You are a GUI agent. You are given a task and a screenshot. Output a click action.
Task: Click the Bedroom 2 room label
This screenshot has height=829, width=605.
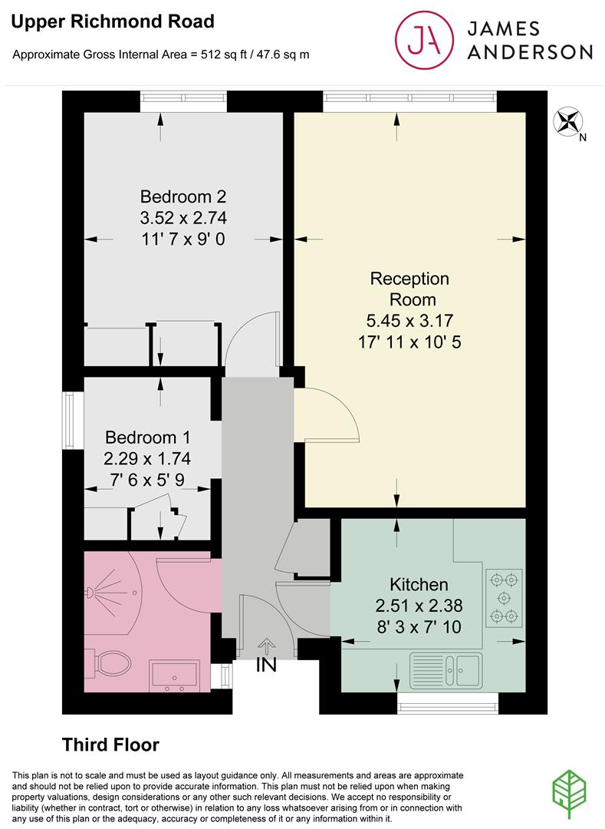click(183, 197)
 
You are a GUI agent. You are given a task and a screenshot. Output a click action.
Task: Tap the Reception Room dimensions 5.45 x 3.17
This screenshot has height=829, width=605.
click(409, 320)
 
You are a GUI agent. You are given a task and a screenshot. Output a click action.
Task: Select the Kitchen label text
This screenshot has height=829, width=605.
click(419, 584)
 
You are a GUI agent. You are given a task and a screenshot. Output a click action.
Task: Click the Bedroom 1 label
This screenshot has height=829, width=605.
click(147, 438)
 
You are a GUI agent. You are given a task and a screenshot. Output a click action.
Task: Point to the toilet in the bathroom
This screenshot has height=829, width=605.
click(108, 662)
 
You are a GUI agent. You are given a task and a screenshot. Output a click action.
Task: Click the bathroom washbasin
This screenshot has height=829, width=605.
click(175, 675)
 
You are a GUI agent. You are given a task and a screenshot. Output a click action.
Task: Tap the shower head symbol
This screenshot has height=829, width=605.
click(90, 592)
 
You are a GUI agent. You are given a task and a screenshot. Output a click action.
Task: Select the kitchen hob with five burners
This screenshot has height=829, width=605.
click(504, 598)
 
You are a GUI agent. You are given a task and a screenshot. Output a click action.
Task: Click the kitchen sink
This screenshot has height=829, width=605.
click(446, 670)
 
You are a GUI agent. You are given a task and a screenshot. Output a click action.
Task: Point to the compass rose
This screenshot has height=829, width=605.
click(567, 121)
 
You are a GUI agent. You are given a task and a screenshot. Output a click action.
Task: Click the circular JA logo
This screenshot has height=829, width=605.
click(424, 40)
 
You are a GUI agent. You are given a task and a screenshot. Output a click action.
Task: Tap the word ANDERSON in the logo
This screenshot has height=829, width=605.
click(530, 52)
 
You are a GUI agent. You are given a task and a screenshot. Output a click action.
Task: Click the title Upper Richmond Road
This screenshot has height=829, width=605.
click(113, 21)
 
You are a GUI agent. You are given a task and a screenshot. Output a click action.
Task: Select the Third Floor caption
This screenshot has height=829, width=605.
click(111, 745)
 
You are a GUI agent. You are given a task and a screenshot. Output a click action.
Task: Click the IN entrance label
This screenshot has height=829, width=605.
click(266, 665)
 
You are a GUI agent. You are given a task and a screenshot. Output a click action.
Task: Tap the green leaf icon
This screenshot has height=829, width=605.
click(569, 794)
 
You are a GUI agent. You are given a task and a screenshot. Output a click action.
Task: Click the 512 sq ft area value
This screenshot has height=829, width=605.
click(225, 54)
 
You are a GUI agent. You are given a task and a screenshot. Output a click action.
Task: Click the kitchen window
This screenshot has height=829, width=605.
click(448, 703)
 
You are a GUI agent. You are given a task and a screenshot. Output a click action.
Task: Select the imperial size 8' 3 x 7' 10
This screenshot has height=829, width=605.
click(419, 626)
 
